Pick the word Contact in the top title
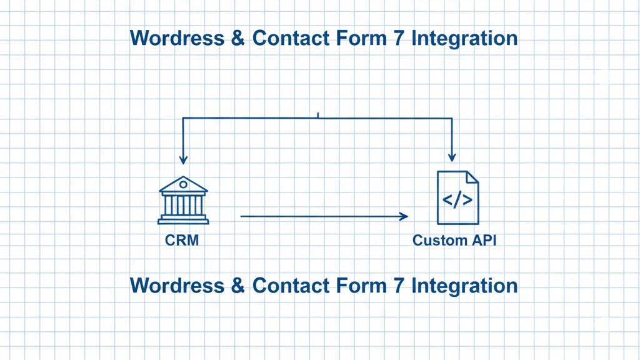[x=287, y=38]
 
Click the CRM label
[x=182, y=240]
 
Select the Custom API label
[x=454, y=240]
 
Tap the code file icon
[x=457, y=198]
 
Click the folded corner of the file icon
[x=472, y=177]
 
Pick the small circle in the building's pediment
[x=183, y=184]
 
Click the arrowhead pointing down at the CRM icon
[x=182, y=159]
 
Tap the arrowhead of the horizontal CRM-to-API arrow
[x=403, y=216]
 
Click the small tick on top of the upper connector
[x=318, y=115]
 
